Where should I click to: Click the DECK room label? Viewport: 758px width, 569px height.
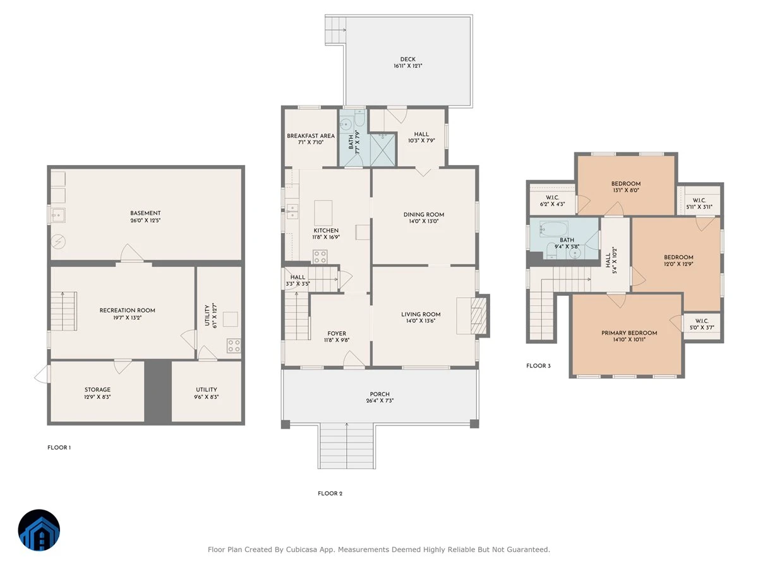coord(407,59)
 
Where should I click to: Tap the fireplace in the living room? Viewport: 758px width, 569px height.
coord(479,315)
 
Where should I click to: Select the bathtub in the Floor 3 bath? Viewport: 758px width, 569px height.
coord(553,229)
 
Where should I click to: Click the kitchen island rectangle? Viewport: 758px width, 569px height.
coord(323,213)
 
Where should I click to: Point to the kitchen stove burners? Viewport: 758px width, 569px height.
coord(320,257)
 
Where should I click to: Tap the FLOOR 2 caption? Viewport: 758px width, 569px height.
coord(330,493)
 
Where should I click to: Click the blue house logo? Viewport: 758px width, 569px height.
coord(39,530)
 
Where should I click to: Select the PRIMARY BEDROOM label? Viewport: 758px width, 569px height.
coord(629,333)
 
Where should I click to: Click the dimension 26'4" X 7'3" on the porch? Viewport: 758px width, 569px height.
coord(380,401)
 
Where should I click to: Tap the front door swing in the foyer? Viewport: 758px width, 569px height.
coord(353,359)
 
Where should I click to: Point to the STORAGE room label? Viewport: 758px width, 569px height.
coord(97,389)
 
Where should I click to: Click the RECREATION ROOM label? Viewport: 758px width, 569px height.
coord(127,310)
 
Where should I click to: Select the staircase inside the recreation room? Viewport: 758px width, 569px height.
coord(64,311)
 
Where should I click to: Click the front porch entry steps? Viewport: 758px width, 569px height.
coord(347,446)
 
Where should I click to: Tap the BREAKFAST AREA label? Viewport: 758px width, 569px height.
coord(310,136)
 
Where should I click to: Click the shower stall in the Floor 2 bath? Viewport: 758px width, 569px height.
coord(382,150)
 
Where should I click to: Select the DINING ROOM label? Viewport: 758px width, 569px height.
coord(424,215)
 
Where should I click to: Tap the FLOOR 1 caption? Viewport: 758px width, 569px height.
coord(59,448)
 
